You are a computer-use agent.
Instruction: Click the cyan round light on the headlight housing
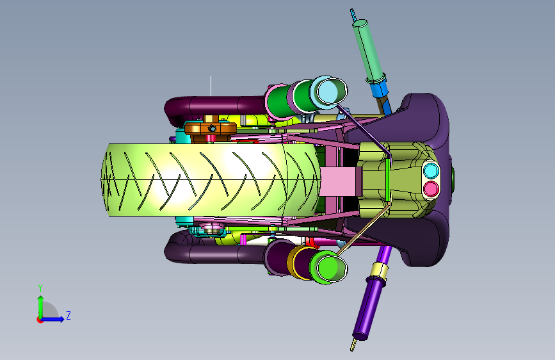tap(431, 170)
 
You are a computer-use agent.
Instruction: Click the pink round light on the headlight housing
tap(431, 189)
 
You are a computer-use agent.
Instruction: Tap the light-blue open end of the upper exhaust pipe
tap(332, 91)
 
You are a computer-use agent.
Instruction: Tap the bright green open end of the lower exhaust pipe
tap(332, 268)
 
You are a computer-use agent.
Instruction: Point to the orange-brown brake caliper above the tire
tap(211, 129)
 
